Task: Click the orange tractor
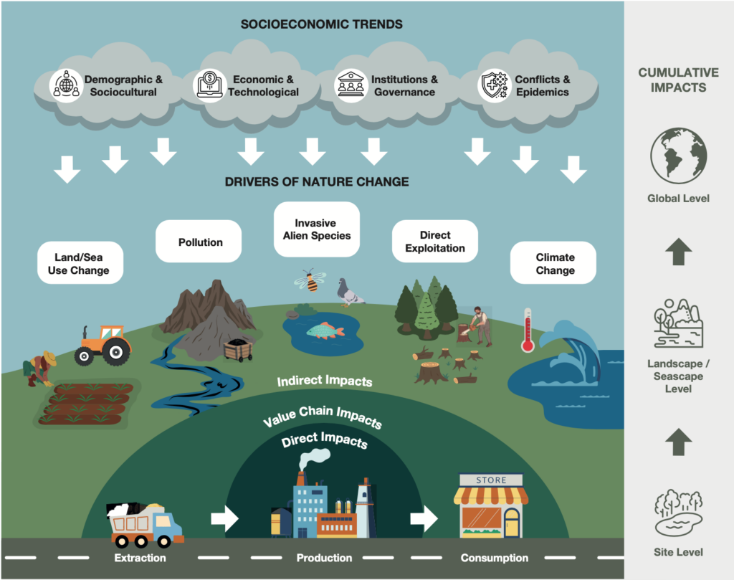pyautogui.click(x=103, y=346)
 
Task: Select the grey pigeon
pyautogui.click(x=350, y=293)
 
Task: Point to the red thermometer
pyautogui.click(x=528, y=330)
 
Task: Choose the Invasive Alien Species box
pyautogui.click(x=317, y=229)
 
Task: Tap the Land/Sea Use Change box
pyautogui.click(x=80, y=262)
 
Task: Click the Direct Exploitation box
pyautogui.click(x=435, y=241)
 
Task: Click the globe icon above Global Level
pyautogui.click(x=678, y=156)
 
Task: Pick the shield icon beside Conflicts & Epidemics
pyautogui.click(x=493, y=85)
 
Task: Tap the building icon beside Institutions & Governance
pyautogui.click(x=351, y=85)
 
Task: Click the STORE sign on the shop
pyautogui.click(x=491, y=480)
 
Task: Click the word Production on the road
pyautogui.click(x=325, y=558)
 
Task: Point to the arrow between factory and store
pyautogui.click(x=424, y=518)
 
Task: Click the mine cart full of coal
pyautogui.click(x=239, y=350)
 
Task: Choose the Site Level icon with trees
pyautogui.click(x=678, y=513)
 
